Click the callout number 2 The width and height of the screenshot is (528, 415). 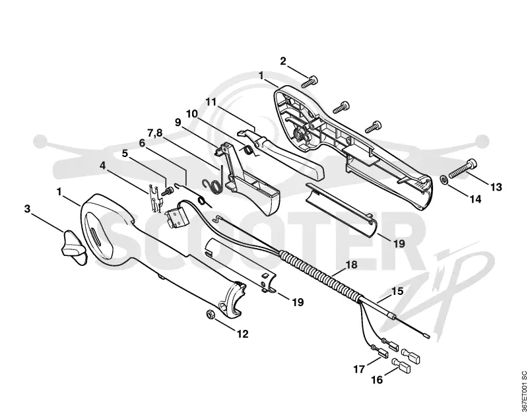click(x=283, y=61)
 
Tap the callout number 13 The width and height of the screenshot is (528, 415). click(x=496, y=187)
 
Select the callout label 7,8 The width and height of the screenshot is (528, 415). click(x=154, y=133)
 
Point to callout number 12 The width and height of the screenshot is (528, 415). click(x=242, y=334)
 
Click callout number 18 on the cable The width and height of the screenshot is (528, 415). click(x=351, y=265)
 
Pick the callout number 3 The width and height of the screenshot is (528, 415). click(x=27, y=208)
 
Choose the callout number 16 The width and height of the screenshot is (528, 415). click(x=377, y=380)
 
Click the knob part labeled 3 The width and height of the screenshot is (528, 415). click(x=73, y=247)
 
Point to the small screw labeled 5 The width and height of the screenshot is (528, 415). click(x=167, y=191)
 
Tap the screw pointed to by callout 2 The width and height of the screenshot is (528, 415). click(x=310, y=81)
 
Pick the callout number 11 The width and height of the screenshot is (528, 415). click(x=211, y=102)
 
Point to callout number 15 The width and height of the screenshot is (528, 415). click(x=398, y=291)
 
